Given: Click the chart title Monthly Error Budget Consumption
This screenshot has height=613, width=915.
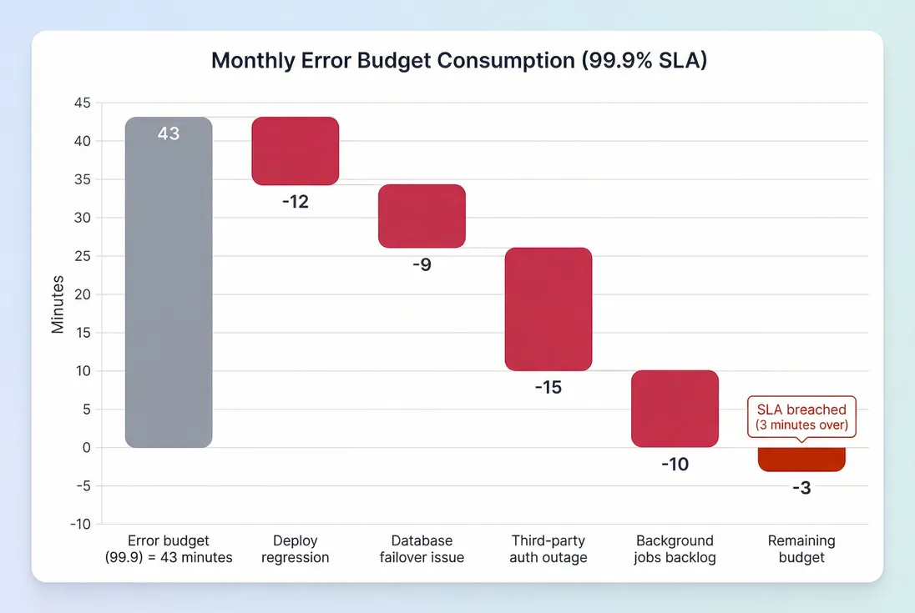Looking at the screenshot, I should click(x=458, y=61).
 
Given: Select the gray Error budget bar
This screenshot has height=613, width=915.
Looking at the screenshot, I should click(x=169, y=284).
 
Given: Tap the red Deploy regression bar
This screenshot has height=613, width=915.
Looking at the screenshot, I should click(x=296, y=151).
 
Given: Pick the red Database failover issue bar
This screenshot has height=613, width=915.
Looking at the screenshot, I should click(x=422, y=216).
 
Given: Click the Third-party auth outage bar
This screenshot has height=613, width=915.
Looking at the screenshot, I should click(x=548, y=309).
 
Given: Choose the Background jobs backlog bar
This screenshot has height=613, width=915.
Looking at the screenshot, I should click(x=675, y=409).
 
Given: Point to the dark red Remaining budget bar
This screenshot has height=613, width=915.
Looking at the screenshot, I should click(x=801, y=460).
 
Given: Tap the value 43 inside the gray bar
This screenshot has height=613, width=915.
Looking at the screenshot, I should click(x=169, y=133).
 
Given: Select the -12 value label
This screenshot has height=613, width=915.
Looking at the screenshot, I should click(x=296, y=202).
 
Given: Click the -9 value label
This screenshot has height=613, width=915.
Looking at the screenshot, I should click(x=422, y=266).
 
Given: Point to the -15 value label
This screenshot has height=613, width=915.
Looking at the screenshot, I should click(x=548, y=388).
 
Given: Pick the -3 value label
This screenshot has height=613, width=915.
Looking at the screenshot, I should click(x=801, y=489).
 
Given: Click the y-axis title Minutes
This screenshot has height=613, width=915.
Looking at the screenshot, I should click(x=58, y=304).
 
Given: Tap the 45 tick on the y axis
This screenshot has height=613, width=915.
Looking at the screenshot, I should click(x=82, y=103).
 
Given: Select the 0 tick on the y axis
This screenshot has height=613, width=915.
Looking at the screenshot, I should click(x=86, y=448).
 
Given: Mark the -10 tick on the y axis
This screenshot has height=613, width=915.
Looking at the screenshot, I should click(x=80, y=524).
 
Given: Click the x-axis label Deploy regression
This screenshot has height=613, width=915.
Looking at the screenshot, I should click(x=296, y=549).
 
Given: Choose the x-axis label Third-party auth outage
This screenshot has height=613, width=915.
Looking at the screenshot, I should click(x=548, y=549).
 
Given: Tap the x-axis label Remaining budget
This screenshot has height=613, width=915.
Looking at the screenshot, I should click(x=801, y=549).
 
